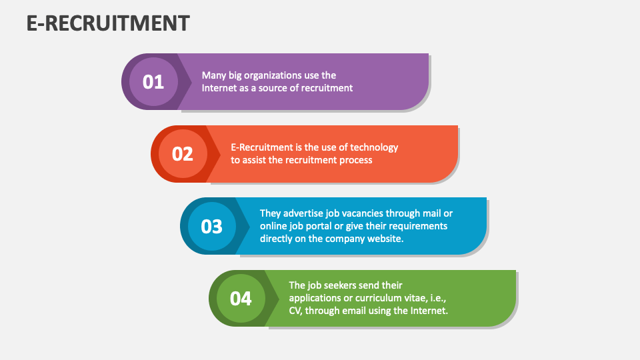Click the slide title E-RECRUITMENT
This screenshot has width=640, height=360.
(108, 23)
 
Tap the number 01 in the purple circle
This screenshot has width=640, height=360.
(153, 82)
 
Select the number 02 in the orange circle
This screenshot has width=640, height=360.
(183, 154)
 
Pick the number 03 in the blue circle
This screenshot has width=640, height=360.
(211, 227)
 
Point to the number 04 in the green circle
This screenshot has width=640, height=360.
(241, 299)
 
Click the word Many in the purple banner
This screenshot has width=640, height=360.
(213, 75)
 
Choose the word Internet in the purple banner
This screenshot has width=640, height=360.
(219, 88)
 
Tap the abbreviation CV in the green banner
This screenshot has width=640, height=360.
(296, 311)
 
